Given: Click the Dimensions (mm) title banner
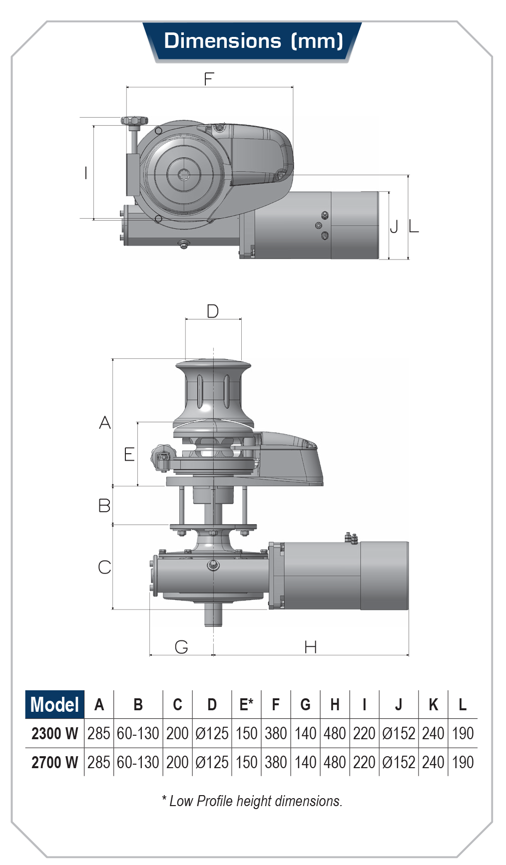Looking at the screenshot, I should [253, 41].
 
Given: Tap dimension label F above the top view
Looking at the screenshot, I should [209, 79].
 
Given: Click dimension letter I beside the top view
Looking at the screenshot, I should [86, 173].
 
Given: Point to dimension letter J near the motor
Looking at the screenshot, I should [394, 227].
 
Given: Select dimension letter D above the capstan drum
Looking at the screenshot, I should [213, 311].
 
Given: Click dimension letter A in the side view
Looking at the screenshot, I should [105, 423].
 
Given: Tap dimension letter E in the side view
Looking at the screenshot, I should [129, 454].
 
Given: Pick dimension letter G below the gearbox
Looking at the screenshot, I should [181, 647].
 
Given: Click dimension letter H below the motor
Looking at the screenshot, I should [311, 647].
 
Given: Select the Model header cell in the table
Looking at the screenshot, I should [55, 704].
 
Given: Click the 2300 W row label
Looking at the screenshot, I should [55, 733].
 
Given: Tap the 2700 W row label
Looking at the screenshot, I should [55, 762].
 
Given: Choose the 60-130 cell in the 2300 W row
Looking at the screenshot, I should [138, 733].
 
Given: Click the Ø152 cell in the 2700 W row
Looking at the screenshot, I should [399, 762].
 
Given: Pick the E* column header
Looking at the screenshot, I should [246, 704].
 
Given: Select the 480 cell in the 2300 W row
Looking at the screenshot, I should [335, 733].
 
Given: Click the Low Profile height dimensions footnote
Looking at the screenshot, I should [252, 801].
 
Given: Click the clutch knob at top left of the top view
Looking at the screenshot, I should [134, 121].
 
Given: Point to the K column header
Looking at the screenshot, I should [433, 704].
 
